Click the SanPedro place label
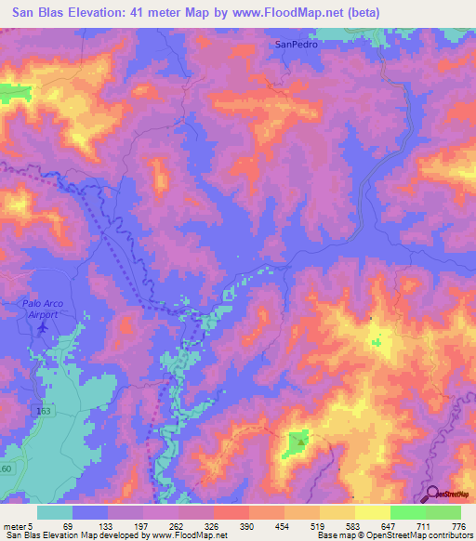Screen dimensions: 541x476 coord(296,44)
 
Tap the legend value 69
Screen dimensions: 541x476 coord(68,525)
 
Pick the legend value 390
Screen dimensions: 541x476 coord(246,525)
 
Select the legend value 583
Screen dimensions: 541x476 coord(354,525)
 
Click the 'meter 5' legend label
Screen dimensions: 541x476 coord(19,525)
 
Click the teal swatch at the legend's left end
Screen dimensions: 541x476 coord(55,512)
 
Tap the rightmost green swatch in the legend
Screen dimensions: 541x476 coord(443,512)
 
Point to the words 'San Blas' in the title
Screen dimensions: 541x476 coord(41,11)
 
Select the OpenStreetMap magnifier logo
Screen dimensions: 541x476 coord(434,494)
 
